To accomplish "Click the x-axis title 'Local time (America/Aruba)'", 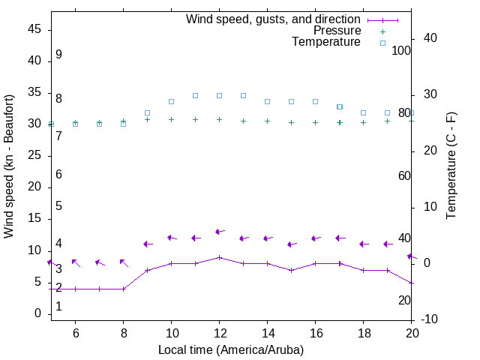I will tap(231, 349).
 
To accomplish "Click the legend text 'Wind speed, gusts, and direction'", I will tap(273, 19).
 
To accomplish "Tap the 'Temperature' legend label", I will tap(326, 43).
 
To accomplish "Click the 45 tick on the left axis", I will tap(34, 29).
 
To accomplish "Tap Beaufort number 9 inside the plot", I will tap(58, 55).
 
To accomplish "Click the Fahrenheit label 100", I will tap(401, 50).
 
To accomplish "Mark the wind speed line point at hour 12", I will tap(219, 257).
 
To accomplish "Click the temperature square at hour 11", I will tap(195, 95).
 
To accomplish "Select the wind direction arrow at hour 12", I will tap(219, 232).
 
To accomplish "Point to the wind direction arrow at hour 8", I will tap(124, 262).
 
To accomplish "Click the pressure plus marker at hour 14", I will tap(267, 121).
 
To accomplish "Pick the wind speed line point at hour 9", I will tap(147, 270).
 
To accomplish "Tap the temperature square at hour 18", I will tap(364, 112).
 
